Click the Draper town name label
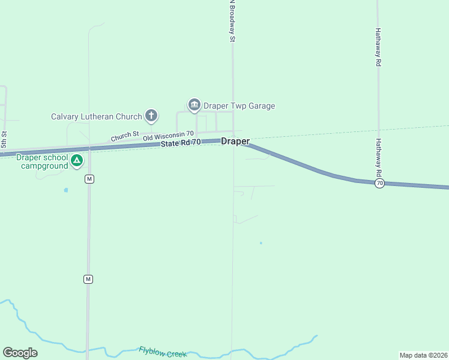(x=235, y=142)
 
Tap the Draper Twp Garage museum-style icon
(x=194, y=106)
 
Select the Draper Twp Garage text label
(x=239, y=106)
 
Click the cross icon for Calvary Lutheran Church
(x=151, y=116)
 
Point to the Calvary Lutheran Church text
(x=97, y=116)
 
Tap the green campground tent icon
(x=77, y=160)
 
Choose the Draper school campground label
(x=42, y=161)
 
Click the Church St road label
(x=125, y=136)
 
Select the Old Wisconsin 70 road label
(x=168, y=137)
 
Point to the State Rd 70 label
(x=181, y=143)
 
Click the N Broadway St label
(x=231, y=21)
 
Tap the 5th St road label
(x=4, y=140)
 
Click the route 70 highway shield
(x=379, y=184)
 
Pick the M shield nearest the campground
(x=89, y=179)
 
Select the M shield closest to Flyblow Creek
(x=89, y=279)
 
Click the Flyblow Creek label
(x=163, y=352)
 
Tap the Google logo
(x=20, y=353)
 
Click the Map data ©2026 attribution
(x=423, y=355)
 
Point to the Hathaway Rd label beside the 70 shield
(x=379, y=158)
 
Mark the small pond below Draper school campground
(x=66, y=190)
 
